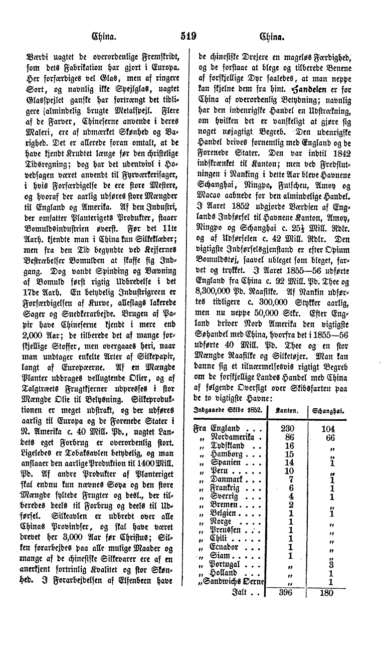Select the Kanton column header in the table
289,411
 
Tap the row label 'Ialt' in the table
239,592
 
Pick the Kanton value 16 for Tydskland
289,446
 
